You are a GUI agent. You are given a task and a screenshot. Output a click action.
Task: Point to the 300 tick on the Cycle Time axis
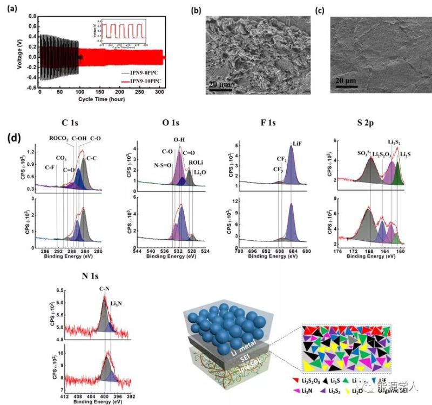tap(160, 92)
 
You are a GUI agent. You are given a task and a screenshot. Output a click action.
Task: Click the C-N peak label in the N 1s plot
tap(105, 289)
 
